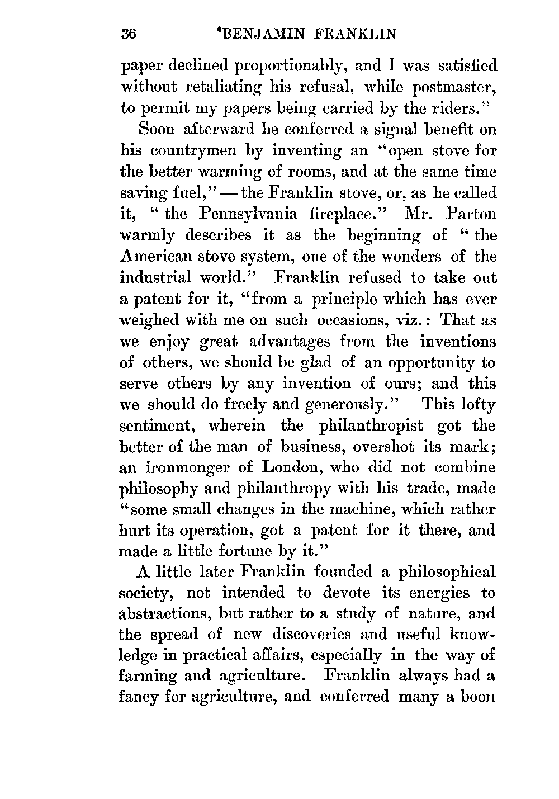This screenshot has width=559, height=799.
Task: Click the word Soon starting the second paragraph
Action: pos(156,130)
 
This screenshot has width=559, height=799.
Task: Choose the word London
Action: pos(291,467)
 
